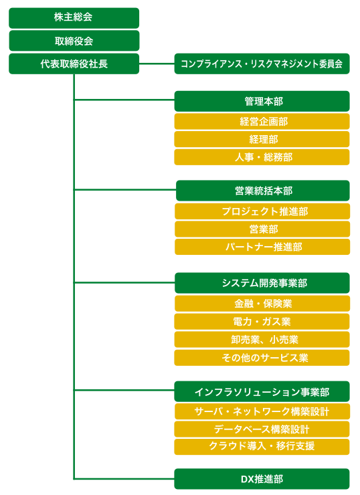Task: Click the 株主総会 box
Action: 74,18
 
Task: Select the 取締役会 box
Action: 74,41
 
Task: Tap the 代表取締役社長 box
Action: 74,64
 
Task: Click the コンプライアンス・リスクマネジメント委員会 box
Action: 262,64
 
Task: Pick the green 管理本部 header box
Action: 262,101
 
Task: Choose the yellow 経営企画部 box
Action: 262,122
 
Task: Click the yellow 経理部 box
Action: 262,139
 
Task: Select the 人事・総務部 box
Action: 262,157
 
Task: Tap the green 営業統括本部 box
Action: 263,191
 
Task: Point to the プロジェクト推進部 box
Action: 262,211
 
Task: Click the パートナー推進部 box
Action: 262,247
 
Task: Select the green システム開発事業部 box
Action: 262,283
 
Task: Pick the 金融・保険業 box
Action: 262,304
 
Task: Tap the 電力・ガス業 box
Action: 262,322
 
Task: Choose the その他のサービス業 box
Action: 262,358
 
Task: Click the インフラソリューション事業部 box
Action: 262,391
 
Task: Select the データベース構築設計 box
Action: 262,429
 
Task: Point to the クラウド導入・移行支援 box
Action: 262,447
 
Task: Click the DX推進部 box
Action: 262,479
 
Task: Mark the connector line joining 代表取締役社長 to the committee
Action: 157,64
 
